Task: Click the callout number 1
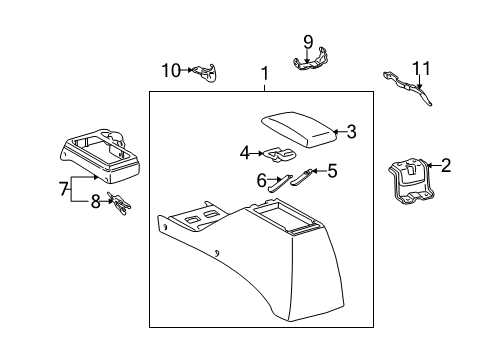(265, 74)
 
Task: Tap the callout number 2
(446, 166)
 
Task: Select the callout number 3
(351, 130)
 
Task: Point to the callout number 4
(244, 153)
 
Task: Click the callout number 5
(332, 171)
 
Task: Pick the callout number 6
(262, 180)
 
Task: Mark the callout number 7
(63, 189)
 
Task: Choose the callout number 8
(96, 200)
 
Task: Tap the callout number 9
(308, 42)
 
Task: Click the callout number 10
(171, 70)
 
